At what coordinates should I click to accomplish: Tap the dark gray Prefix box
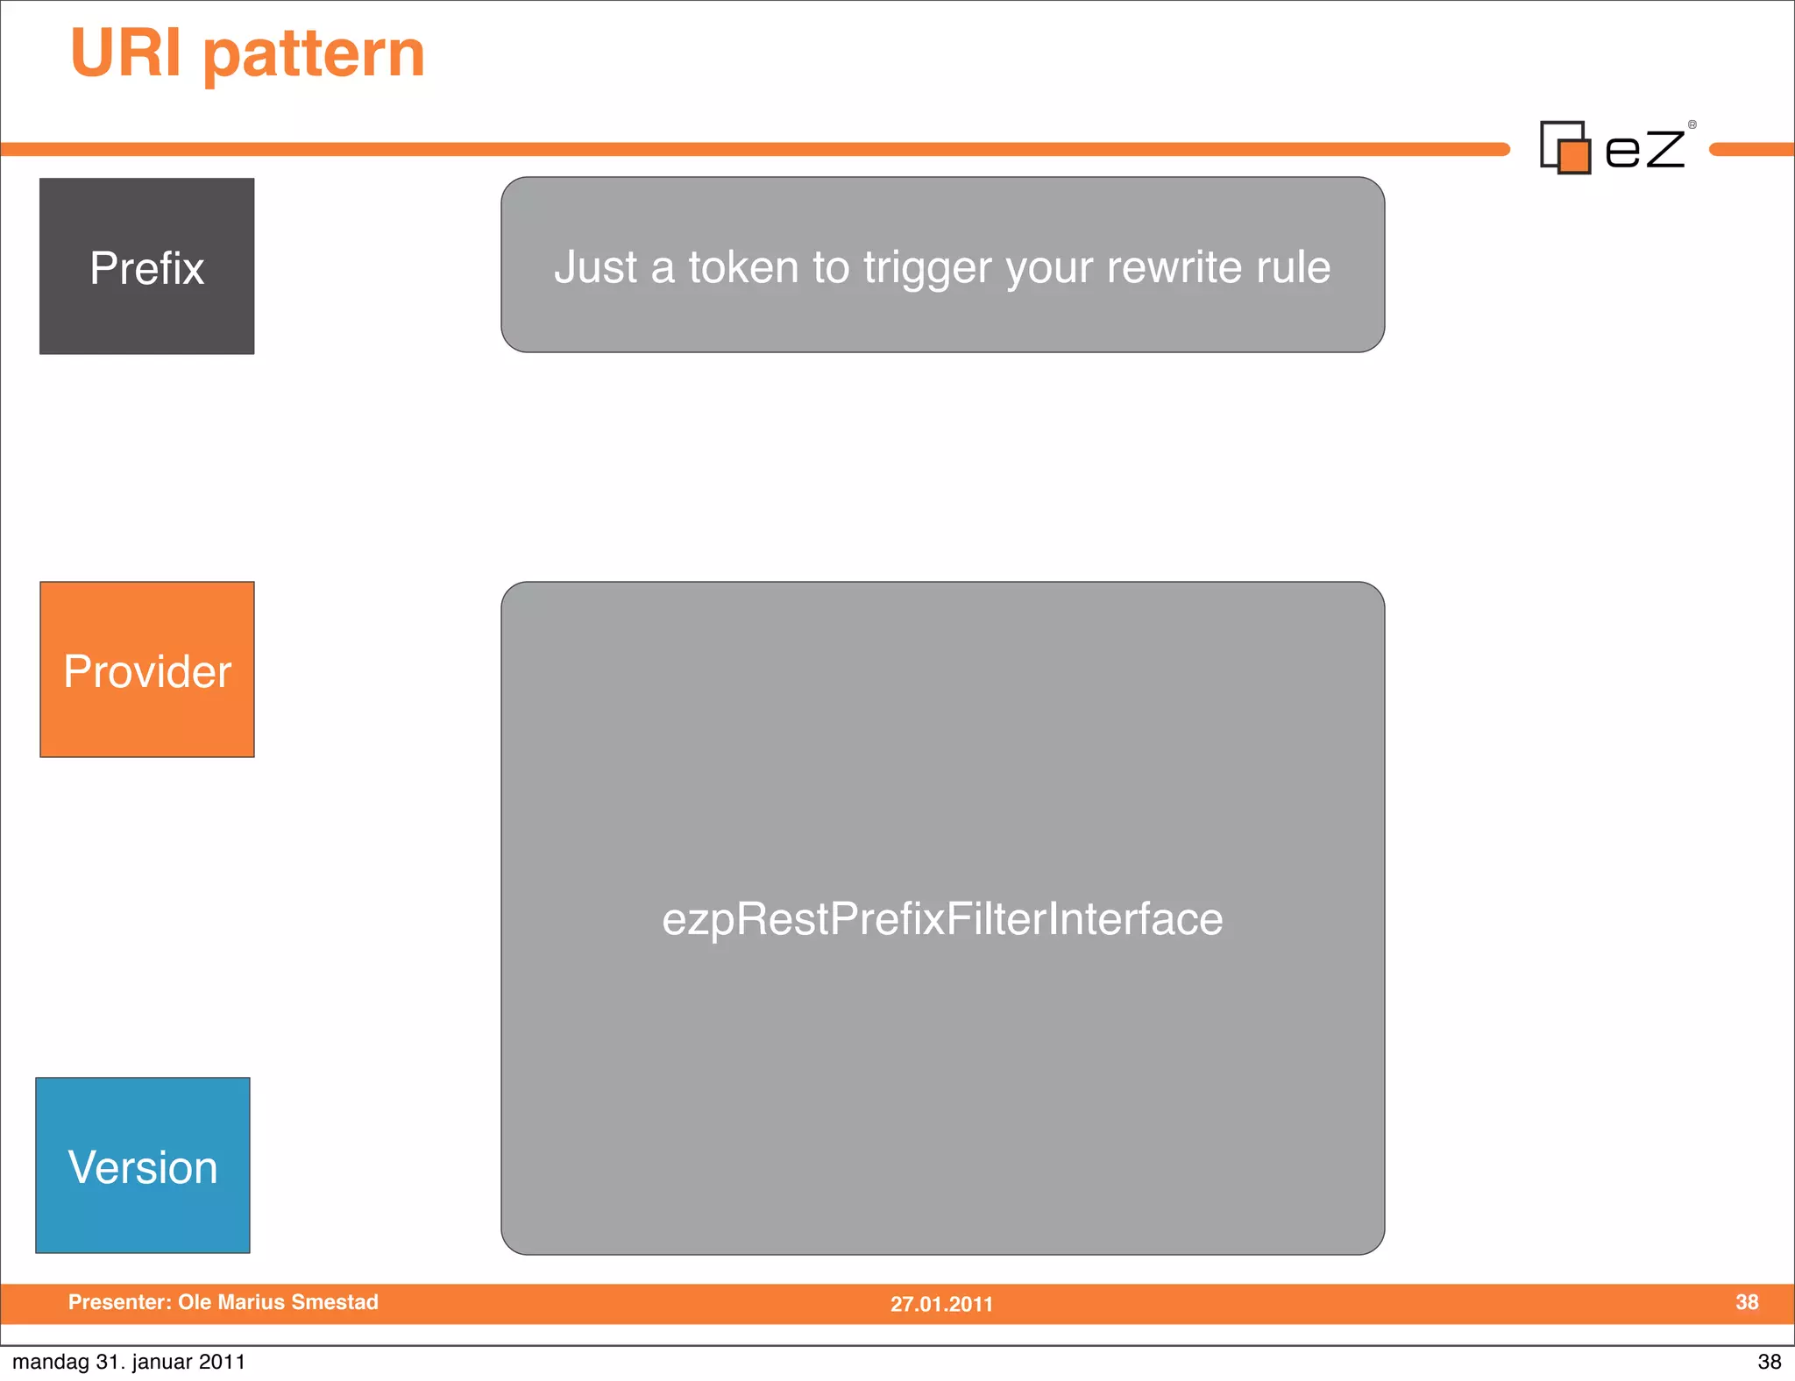pos(147,266)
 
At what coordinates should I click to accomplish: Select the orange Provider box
pos(147,670)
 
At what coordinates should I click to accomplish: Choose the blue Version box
pos(143,1166)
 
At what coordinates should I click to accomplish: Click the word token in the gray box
pos(743,267)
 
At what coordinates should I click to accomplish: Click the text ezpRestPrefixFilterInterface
pos(942,919)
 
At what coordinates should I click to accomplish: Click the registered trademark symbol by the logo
pos(1692,125)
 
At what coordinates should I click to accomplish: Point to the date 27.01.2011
pos(941,1304)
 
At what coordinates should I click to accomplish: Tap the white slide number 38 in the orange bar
pos(1746,1302)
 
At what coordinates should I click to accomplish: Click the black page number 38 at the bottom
pos(1769,1362)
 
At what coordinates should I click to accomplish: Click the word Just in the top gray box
pos(596,267)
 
